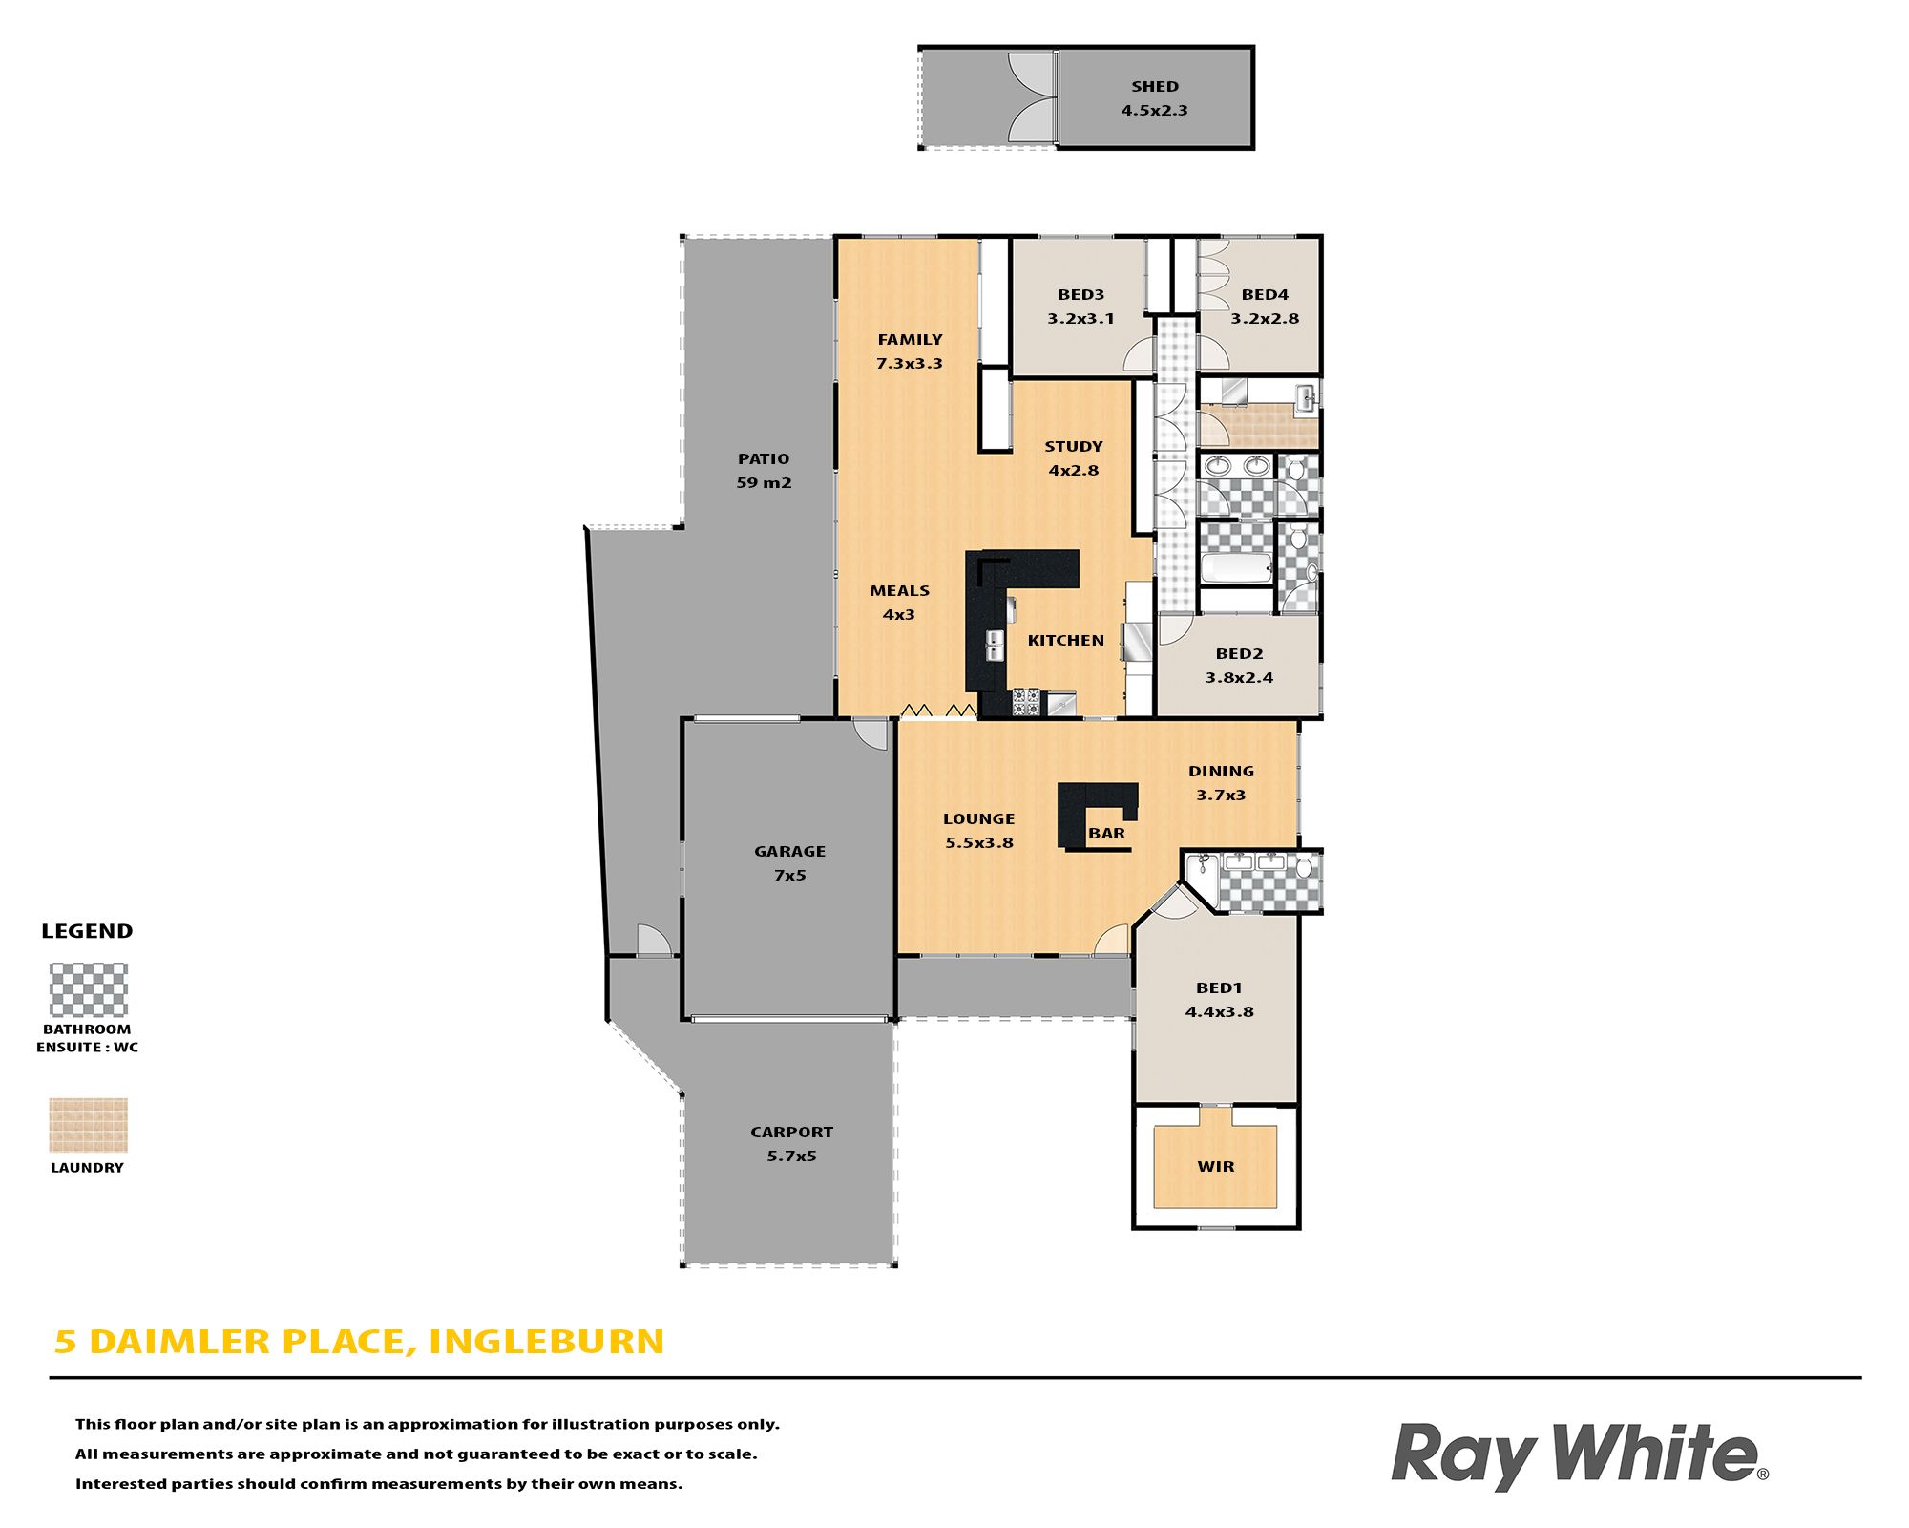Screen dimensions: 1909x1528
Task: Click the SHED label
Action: (1155, 87)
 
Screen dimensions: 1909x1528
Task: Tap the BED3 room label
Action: (1080, 295)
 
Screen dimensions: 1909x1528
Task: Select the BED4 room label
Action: (1265, 295)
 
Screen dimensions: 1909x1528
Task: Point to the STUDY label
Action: (1074, 447)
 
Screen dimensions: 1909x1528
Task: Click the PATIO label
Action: (764, 459)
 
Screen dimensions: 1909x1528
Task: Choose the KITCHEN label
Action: (1066, 641)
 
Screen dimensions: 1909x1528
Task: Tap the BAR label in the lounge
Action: (1107, 834)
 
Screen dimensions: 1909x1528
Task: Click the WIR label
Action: (1216, 1167)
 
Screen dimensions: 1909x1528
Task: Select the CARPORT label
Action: (792, 1133)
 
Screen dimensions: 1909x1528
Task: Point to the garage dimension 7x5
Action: (790, 876)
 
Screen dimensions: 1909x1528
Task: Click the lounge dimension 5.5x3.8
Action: (979, 843)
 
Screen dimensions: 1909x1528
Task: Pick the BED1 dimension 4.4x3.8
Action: (1220, 1012)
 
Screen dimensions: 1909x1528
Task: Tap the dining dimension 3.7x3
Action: (1221, 796)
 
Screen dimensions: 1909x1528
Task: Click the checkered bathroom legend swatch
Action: (89, 989)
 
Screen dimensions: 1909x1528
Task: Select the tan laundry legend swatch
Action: (89, 1125)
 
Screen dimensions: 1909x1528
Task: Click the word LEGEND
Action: (87, 931)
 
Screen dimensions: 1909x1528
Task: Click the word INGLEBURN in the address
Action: (547, 1342)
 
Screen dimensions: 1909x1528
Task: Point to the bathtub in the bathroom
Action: (1236, 568)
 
